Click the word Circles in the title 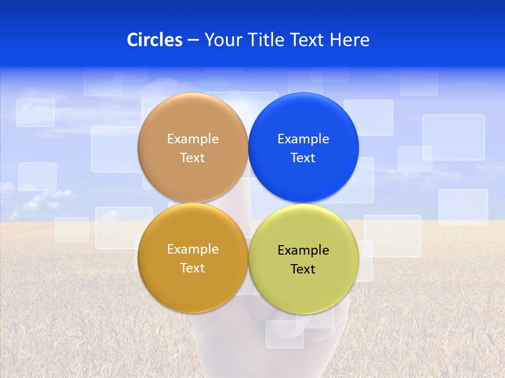(x=155, y=40)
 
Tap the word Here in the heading (x=350, y=40)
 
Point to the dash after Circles (x=193, y=40)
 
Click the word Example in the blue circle (x=304, y=139)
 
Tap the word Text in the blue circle (x=303, y=158)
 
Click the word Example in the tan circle (x=193, y=139)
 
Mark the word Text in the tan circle (x=193, y=158)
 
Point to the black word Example (x=304, y=250)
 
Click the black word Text (x=303, y=269)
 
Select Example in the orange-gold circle (x=193, y=249)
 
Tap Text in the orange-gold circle (x=193, y=268)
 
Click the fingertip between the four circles (x=248, y=203)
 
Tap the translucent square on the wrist (x=285, y=334)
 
